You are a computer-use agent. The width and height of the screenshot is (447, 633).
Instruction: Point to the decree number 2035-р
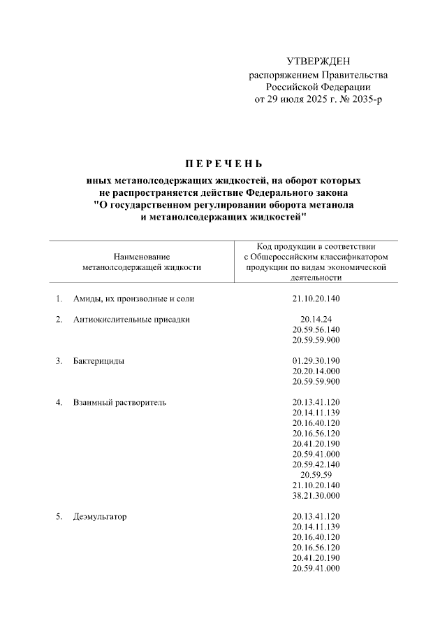pyautogui.click(x=366, y=100)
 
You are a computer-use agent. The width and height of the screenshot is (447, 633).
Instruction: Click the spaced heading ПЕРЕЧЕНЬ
pyautogui.click(x=223, y=165)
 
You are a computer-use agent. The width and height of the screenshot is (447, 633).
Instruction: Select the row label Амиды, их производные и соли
pyautogui.click(x=133, y=299)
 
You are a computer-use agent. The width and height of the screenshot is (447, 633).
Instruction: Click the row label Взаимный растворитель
pyautogui.click(x=119, y=403)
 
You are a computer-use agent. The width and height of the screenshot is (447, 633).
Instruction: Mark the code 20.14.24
pyautogui.click(x=316, y=320)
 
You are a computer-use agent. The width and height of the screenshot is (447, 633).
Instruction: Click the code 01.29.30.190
pyautogui.click(x=316, y=362)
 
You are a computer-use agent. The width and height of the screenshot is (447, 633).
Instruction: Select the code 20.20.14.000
pyautogui.click(x=316, y=371)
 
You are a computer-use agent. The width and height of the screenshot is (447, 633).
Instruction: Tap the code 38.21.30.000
pyautogui.click(x=316, y=495)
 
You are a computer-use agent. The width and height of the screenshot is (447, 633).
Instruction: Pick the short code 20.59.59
pyautogui.click(x=316, y=475)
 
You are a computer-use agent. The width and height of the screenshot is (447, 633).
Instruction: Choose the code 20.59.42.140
pyautogui.click(x=316, y=464)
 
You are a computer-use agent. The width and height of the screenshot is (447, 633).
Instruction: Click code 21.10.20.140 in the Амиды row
pyautogui.click(x=316, y=299)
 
